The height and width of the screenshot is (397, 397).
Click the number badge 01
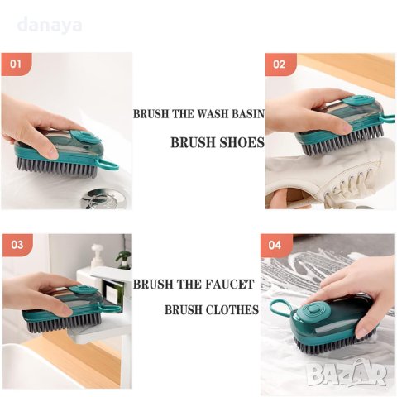coord(17,65)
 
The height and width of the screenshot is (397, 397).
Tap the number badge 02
coord(280,65)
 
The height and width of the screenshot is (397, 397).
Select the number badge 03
coord(17,245)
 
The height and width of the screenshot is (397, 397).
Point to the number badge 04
coord(276,245)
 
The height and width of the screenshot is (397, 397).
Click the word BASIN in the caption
coord(247,114)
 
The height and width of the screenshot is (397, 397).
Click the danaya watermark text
coord(50,25)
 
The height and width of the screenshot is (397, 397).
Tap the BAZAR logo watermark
coord(347,373)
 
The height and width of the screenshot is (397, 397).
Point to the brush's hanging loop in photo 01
coord(109,165)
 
